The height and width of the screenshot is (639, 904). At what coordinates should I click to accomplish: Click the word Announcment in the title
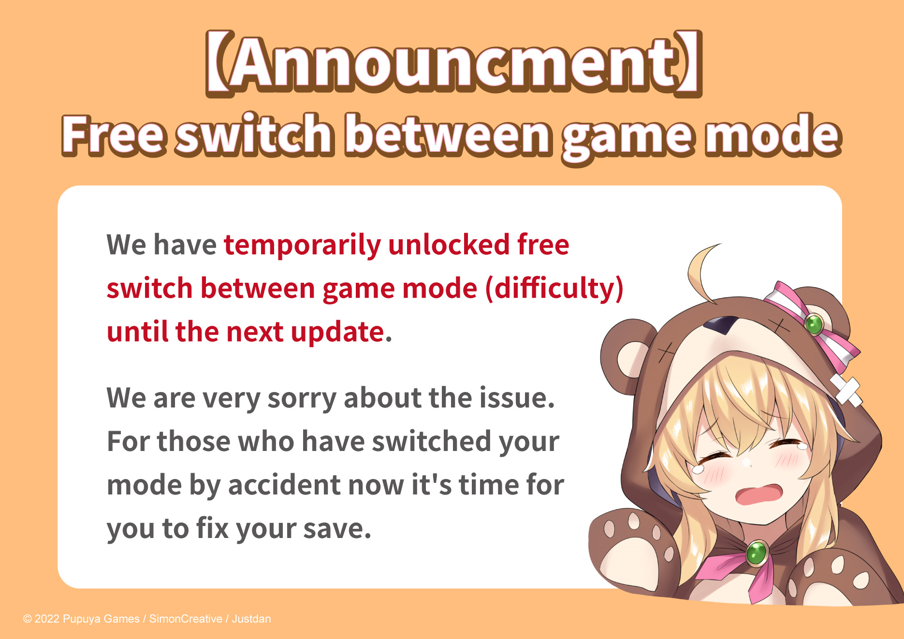tap(453, 64)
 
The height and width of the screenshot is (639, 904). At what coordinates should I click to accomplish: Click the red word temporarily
tap(302, 245)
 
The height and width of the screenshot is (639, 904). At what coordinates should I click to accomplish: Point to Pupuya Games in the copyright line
tap(101, 619)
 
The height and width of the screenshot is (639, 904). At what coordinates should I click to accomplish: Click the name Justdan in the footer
tap(251, 619)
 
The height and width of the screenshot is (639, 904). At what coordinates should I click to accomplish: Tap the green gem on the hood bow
tap(814, 323)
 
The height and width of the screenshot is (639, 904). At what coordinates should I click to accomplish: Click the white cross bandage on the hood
tap(846, 390)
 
